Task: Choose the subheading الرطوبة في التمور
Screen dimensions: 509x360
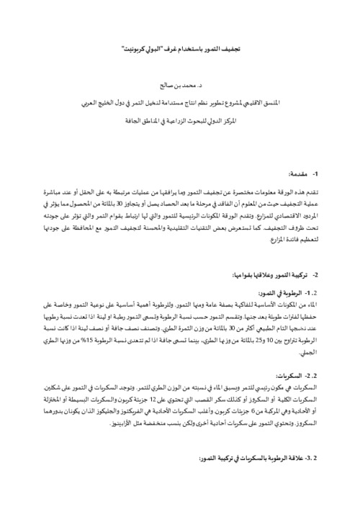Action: point(296,294)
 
